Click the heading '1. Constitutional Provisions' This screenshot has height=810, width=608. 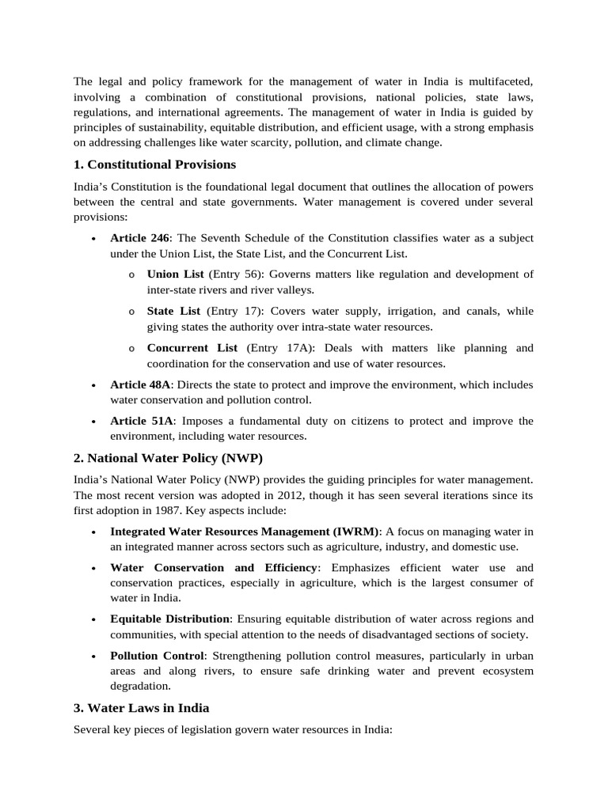155,165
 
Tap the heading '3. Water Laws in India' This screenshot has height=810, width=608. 142,707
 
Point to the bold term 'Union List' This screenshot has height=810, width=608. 175,274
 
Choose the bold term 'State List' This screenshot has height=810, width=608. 173,311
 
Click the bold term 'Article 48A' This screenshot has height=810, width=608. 140,384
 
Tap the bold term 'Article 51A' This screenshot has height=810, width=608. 140,421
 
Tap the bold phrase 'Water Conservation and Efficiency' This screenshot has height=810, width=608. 214,568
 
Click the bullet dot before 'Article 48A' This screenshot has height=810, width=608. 94,385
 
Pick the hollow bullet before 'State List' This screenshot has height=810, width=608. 131,312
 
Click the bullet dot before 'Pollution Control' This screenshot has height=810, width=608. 94,656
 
